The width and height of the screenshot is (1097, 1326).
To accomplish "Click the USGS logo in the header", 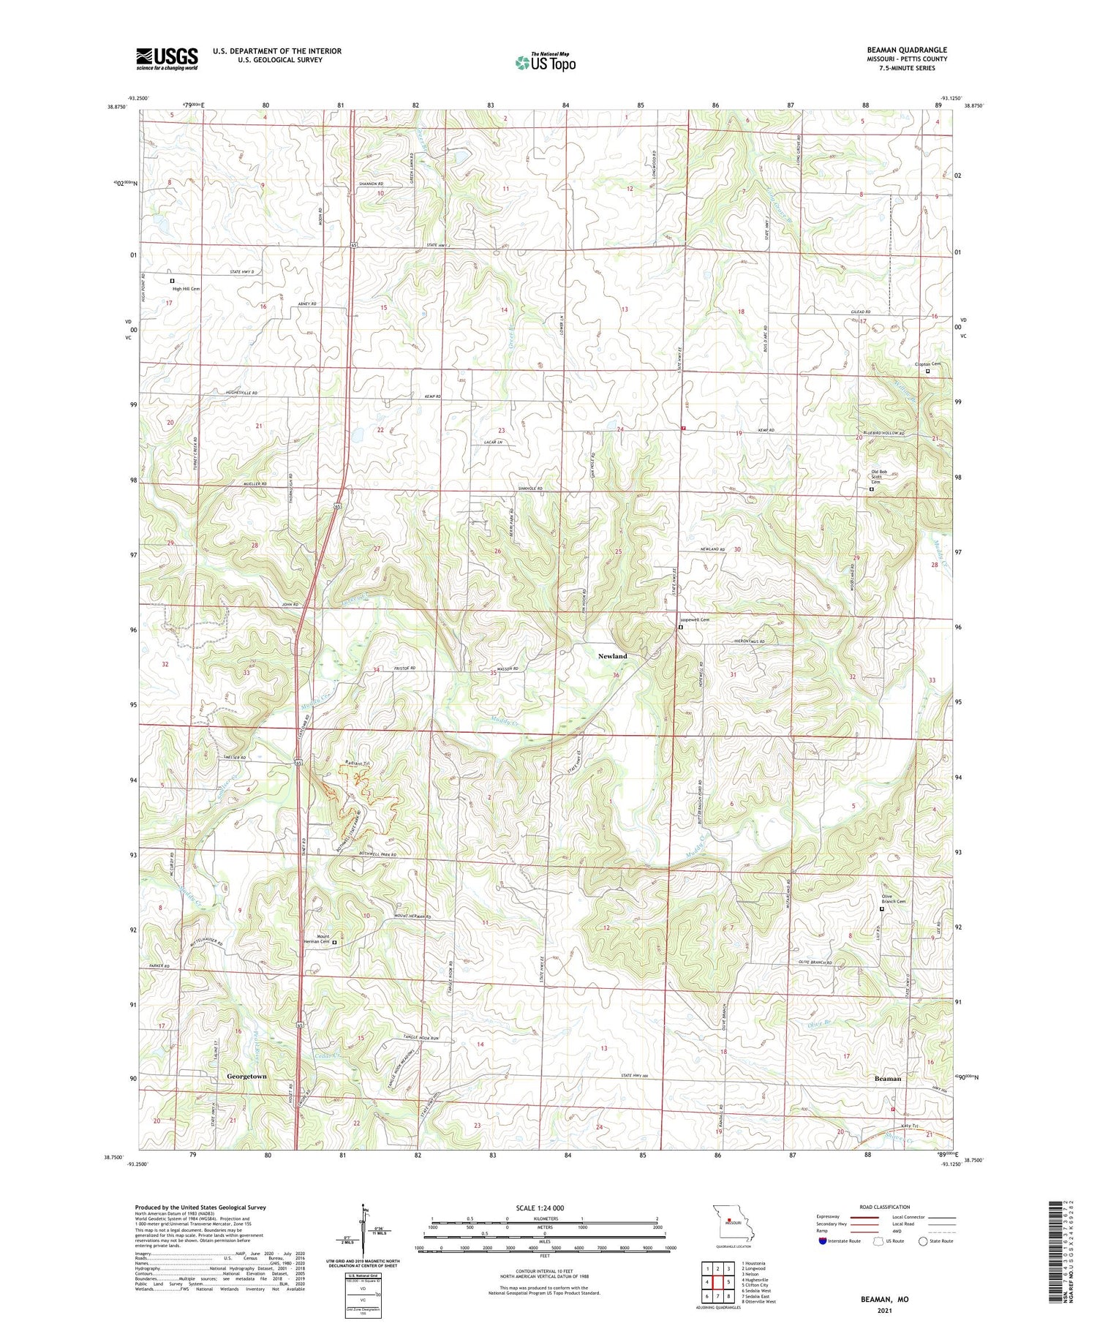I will point(167,59).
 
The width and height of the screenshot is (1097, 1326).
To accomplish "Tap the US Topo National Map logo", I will point(545,62).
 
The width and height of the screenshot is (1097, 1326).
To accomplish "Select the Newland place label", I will point(612,656).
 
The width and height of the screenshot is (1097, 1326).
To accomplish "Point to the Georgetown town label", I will point(246,1077).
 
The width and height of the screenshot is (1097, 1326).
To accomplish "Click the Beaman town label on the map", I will point(888,1078).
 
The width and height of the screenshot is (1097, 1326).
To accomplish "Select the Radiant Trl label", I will point(357,764).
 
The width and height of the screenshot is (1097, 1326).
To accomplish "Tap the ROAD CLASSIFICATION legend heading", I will point(885,1207).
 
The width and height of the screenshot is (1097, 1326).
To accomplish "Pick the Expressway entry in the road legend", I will point(828,1217).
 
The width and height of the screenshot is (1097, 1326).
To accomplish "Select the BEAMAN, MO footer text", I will point(884,1300).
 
